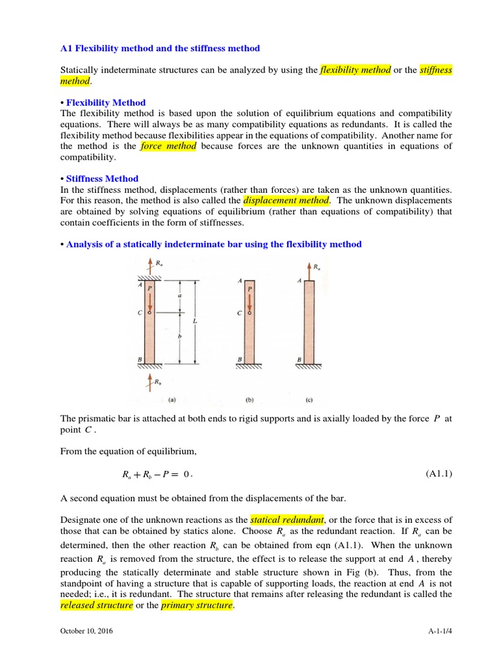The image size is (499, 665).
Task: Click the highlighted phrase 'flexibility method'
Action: [x=355, y=70]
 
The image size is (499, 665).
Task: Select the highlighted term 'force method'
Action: [x=168, y=146]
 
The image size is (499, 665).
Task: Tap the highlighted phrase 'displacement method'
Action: [x=285, y=200]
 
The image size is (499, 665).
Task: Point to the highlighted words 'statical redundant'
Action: [x=287, y=520]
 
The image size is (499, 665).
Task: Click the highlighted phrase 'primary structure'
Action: [x=197, y=605]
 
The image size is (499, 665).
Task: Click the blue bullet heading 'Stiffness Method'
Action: [x=102, y=179]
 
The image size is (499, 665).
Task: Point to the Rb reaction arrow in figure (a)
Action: [x=149, y=381]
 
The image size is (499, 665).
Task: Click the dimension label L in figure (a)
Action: [x=195, y=321]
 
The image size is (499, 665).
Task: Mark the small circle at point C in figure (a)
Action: [x=150, y=312]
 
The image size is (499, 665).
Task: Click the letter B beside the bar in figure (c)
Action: [x=298, y=358]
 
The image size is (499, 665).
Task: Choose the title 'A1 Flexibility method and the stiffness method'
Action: [x=160, y=48]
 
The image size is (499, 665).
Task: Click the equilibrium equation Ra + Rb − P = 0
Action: [x=158, y=474]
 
